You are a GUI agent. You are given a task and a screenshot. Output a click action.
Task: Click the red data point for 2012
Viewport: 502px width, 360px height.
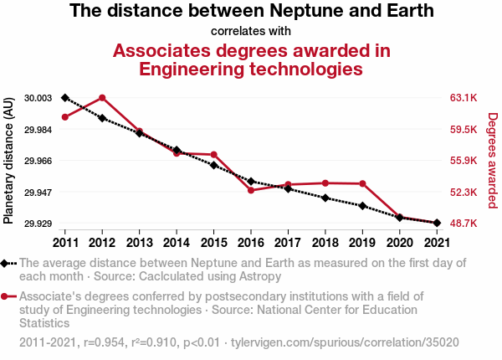[x=102, y=97]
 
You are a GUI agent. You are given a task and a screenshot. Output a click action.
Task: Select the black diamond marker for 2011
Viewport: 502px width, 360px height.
[x=65, y=98]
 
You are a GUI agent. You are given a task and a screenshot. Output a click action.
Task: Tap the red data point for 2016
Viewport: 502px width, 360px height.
[x=251, y=190]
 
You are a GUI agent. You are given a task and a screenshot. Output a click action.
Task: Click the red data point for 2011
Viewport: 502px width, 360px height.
[x=65, y=116]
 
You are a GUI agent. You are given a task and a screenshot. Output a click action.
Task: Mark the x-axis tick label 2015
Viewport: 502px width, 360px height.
[x=213, y=242]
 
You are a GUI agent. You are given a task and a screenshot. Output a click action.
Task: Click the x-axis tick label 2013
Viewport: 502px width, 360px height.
[x=139, y=242]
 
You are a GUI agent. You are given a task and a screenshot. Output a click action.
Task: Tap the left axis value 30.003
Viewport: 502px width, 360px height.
[x=38, y=98]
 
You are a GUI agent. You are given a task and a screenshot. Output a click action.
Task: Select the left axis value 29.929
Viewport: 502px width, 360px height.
[x=38, y=224]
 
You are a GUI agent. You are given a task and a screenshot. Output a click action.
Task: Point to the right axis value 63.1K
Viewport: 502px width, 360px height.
[x=463, y=98]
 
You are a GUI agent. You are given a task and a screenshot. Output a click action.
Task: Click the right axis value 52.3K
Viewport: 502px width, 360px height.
[x=463, y=193]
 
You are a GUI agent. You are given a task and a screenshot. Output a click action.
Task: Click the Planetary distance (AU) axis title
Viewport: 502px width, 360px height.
[x=8, y=161]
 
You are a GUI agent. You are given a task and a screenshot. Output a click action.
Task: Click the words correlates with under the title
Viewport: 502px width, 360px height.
[x=251, y=31]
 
